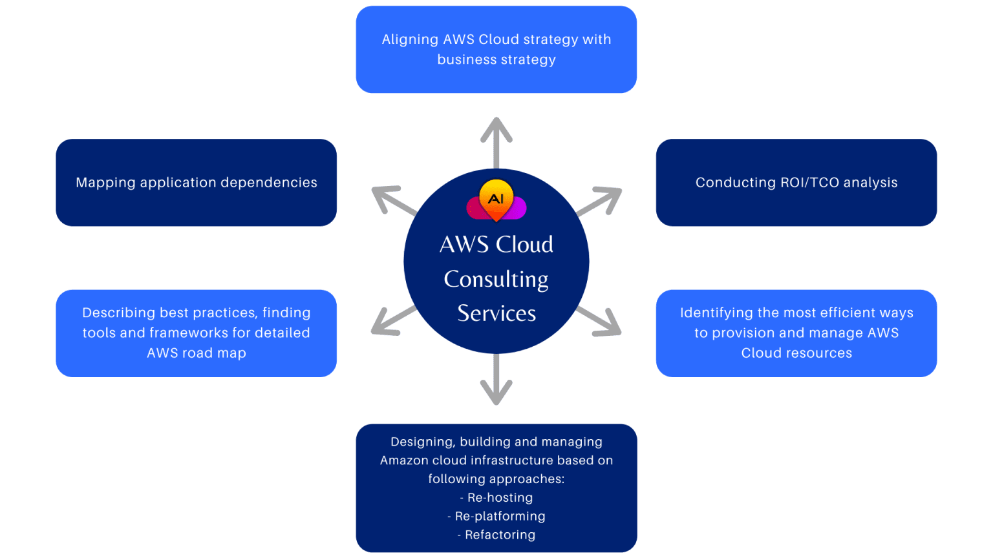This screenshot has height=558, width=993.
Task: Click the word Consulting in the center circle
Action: pos(496,279)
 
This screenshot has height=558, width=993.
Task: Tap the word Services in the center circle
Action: pos(496,313)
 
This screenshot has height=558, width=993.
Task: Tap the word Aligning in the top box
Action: pos(410,40)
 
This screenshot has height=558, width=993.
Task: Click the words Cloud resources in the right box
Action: pos(796,353)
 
